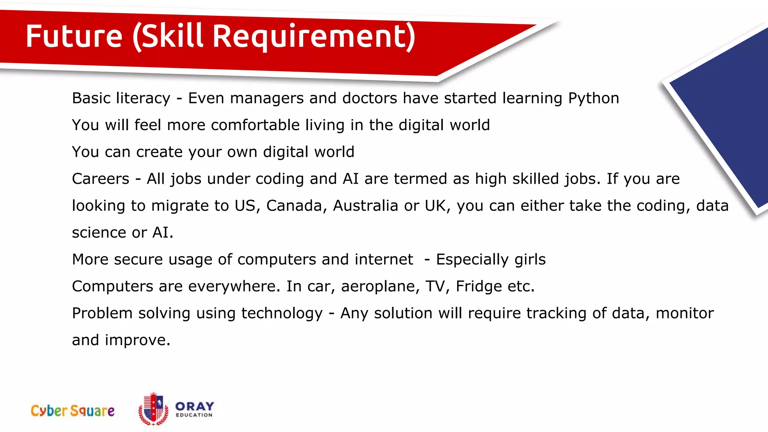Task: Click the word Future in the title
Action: [x=74, y=36]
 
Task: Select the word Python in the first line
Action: [x=593, y=99]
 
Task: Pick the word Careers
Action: [x=100, y=179]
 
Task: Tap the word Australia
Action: [x=365, y=206]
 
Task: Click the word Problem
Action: [x=102, y=313]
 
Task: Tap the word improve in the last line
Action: [x=137, y=340]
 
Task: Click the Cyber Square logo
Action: [x=73, y=411]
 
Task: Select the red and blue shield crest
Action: [x=153, y=409]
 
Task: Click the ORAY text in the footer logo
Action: [x=195, y=406]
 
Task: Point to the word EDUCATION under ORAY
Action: [x=194, y=415]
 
